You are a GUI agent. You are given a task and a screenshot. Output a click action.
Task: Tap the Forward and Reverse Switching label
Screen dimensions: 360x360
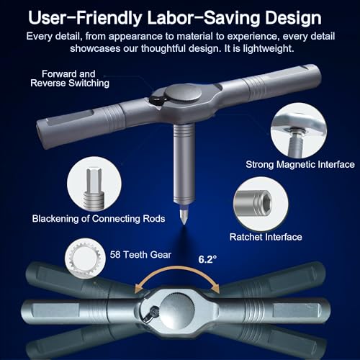(x=70, y=78)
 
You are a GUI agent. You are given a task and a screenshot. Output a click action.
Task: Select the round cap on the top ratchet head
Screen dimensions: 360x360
(x=183, y=94)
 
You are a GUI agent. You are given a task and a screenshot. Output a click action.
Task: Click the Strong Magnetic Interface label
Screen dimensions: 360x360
(x=300, y=164)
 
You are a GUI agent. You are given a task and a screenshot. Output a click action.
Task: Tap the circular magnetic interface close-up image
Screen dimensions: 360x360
(x=299, y=131)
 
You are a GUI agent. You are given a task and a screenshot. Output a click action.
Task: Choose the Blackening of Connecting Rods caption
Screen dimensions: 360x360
(x=99, y=219)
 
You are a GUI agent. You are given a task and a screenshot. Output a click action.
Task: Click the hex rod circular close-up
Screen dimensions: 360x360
(x=94, y=184)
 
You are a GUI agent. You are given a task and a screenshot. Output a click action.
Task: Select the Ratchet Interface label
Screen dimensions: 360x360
(x=266, y=237)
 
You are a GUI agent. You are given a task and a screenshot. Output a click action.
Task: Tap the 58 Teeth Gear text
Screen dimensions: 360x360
(x=140, y=255)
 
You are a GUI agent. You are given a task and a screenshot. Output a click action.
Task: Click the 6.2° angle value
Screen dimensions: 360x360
(x=207, y=259)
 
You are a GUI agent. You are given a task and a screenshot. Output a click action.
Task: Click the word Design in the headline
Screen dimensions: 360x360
(x=293, y=18)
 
